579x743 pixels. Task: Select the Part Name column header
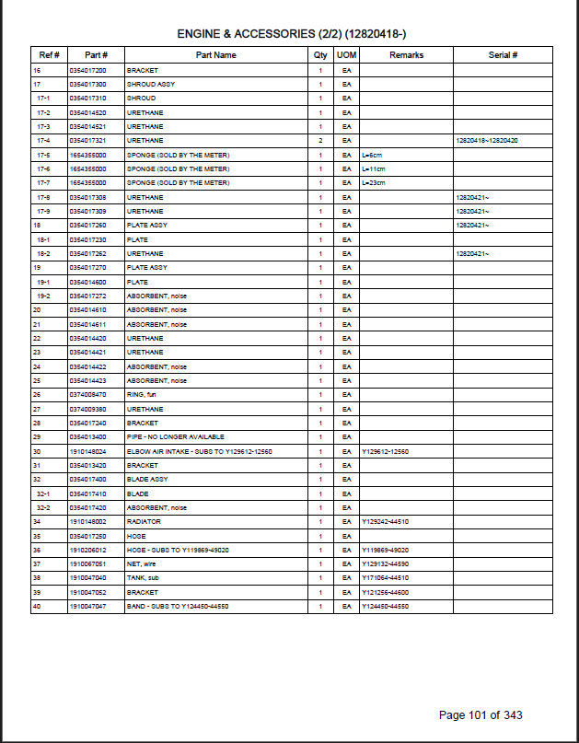[216, 55]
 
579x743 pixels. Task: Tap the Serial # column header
[503, 55]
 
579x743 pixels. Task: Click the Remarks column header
[406, 55]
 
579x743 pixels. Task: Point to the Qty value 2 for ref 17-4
[320, 141]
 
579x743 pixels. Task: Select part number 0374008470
[87, 395]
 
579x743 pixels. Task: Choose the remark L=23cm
[374, 183]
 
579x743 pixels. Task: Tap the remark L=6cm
[373, 155]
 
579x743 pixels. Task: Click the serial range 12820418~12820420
[487, 141]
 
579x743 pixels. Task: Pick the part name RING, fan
[143, 395]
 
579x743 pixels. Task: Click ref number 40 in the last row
[37, 607]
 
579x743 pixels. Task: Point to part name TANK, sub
[142, 578]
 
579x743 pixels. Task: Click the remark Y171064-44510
[385, 578]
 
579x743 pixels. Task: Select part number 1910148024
[87, 451]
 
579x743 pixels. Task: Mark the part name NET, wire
[142, 564]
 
